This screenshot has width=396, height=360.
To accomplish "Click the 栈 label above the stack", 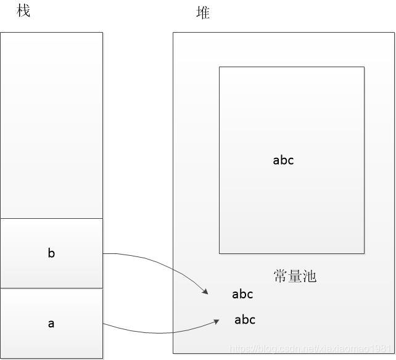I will tap(23, 11).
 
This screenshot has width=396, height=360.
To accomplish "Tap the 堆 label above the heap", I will tap(203, 12).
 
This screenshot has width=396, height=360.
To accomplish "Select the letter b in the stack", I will tap(51, 253).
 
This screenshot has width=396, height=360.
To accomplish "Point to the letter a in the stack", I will tap(51, 323).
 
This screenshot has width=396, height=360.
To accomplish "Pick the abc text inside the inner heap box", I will tap(283, 160).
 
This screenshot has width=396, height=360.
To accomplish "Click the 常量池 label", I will tap(295, 276).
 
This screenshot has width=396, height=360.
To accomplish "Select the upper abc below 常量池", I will tap(242, 294).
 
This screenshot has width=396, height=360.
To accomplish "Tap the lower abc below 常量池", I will tap(245, 319).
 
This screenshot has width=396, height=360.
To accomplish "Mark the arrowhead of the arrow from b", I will tap(205, 292).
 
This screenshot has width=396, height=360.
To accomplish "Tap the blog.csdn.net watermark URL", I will tap(311, 349).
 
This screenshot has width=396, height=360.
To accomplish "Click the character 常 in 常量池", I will tap(281, 276).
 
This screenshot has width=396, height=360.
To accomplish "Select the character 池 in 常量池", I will tap(309, 276).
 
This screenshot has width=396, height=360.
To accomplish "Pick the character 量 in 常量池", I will tap(295, 276).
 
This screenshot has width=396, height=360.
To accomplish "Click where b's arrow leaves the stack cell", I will tap(104, 253).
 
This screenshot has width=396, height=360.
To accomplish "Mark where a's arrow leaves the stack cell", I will tap(104, 324).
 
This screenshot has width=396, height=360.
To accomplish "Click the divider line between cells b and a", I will tap(51, 288).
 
